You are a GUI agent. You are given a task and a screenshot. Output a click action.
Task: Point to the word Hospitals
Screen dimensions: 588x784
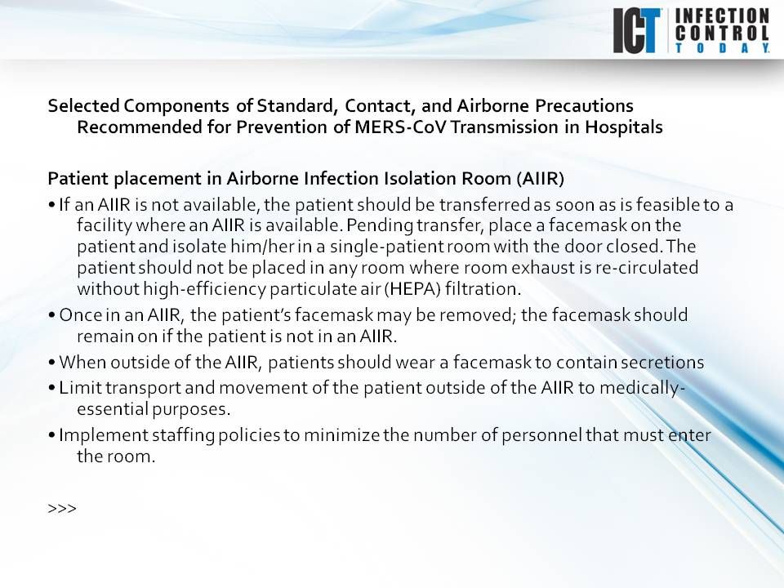click(x=621, y=128)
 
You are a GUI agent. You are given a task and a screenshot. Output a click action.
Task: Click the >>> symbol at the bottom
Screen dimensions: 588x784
click(x=62, y=508)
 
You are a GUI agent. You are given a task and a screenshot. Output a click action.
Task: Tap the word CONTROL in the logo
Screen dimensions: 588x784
click(x=721, y=33)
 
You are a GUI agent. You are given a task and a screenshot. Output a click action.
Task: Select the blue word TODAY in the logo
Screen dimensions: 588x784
click(x=721, y=48)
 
